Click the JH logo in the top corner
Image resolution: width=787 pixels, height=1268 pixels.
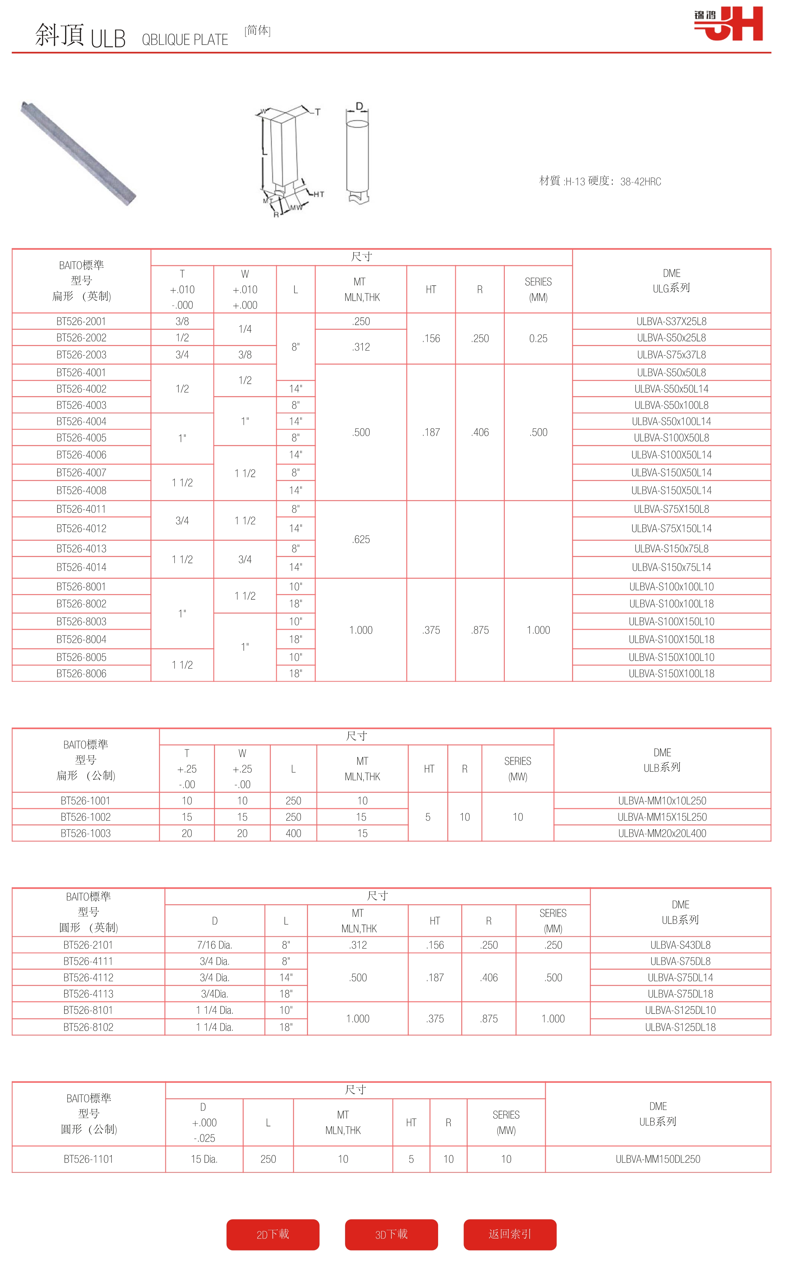(x=728, y=24)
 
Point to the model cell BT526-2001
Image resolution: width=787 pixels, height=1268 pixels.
(x=81, y=321)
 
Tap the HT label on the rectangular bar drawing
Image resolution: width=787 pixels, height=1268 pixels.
(x=318, y=194)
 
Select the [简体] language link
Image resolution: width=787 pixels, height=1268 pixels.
(x=257, y=31)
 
